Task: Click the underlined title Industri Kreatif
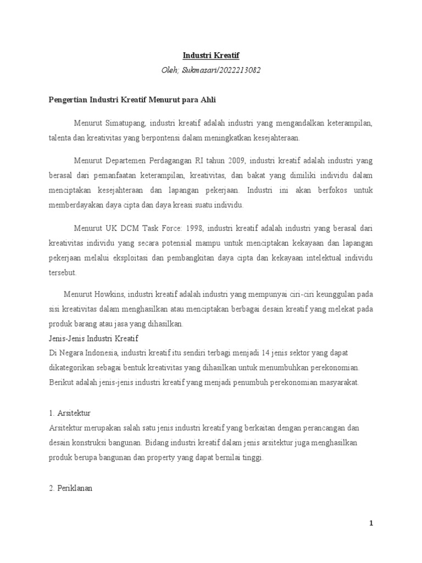tap(211, 56)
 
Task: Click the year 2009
tap(237, 161)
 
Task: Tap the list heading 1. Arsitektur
tap(70, 412)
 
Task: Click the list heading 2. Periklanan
tap(71, 486)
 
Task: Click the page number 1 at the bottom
tap(371, 523)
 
